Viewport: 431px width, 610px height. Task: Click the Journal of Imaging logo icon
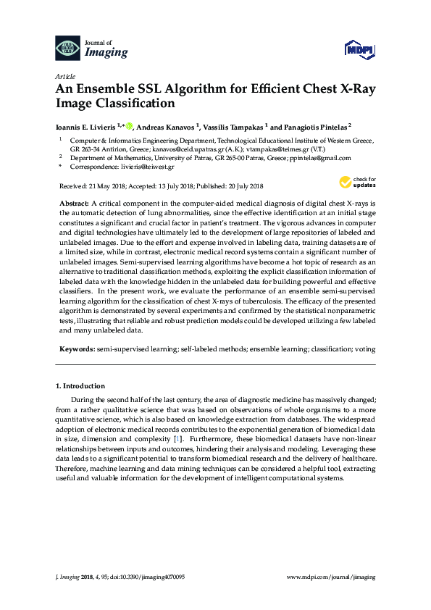(68, 49)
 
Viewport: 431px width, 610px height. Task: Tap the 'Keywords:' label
(76, 348)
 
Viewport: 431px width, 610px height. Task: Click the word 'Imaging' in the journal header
(107, 52)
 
